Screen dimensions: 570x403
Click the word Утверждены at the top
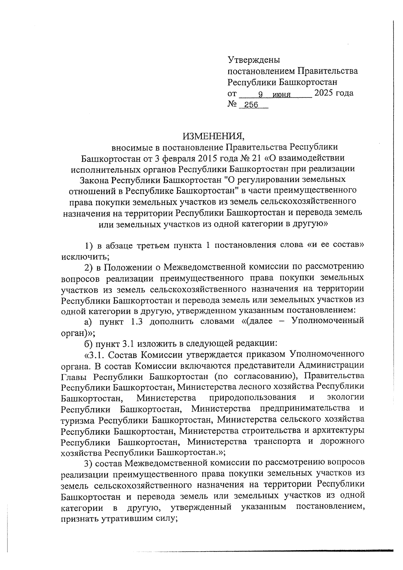coord(254,60)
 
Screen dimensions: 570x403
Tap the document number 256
coord(251,105)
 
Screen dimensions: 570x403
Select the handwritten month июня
coord(281,95)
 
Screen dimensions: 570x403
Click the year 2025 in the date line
coord(322,93)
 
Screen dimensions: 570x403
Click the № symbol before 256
coord(232,104)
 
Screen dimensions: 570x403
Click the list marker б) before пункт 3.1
coord(88,343)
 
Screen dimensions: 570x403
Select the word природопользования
coord(252,398)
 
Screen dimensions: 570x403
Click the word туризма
coord(78,420)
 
